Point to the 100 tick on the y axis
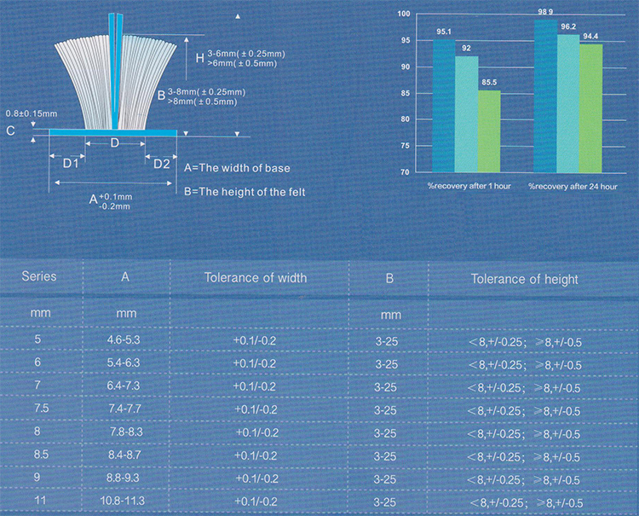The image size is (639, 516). (404, 14)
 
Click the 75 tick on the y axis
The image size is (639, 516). (405, 146)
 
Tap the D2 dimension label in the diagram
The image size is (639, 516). (161, 163)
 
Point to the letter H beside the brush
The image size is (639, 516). (199, 58)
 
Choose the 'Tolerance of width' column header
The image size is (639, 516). (255, 278)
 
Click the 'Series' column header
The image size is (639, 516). (39, 276)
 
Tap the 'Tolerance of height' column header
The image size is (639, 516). (524, 279)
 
